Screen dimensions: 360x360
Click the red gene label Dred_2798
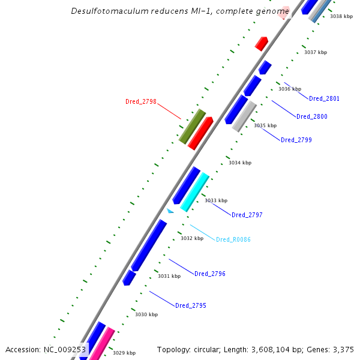[140, 101]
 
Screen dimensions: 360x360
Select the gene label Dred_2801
[324, 98]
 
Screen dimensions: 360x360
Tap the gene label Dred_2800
[312, 116]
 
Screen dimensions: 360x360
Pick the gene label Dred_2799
[296, 140]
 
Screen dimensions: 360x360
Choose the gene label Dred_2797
[247, 215]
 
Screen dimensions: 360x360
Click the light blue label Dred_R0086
[233, 239]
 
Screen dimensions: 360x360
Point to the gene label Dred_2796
[210, 274]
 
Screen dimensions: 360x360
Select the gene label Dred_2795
[191, 305]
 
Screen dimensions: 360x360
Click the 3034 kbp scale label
[240, 163]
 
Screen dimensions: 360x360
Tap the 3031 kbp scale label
[169, 276]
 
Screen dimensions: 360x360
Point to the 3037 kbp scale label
[316, 52]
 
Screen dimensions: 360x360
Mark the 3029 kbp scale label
[124, 353]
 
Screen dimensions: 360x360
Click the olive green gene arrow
[192, 126]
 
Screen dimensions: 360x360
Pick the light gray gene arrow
[244, 116]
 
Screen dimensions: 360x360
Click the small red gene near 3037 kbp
[262, 43]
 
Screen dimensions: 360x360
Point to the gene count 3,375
[343, 349]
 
